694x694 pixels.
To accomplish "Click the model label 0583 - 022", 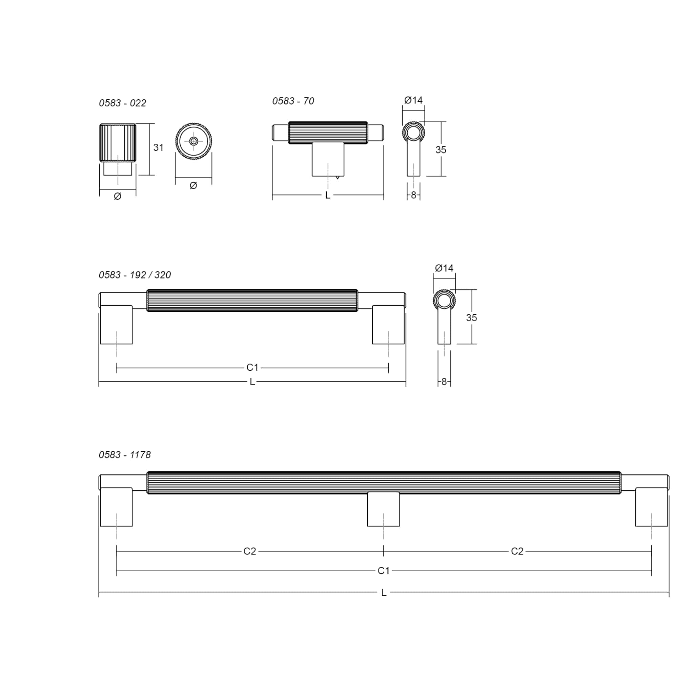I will [x=122, y=103].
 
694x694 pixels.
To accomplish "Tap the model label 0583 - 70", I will [x=293, y=101].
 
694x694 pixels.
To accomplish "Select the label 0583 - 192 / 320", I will [x=135, y=275].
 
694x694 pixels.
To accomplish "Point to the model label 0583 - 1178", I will [x=125, y=455].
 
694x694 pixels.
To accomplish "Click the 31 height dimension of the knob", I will [x=158, y=148].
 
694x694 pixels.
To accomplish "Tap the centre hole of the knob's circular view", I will [x=193, y=141].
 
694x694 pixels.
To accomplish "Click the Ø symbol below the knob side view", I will [x=118, y=196].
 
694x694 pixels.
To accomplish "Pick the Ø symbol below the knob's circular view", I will [x=193, y=185].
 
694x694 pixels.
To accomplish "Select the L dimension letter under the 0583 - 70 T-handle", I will [x=328, y=196].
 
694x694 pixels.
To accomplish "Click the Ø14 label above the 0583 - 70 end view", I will [x=413, y=100].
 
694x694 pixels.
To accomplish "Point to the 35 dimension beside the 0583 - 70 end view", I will [x=441, y=150].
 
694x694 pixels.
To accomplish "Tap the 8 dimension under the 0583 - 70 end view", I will [x=413, y=195].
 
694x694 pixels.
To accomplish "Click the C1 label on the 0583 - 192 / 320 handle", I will [x=252, y=367].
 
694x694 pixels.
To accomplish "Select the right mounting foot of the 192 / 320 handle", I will [x=388, y=325].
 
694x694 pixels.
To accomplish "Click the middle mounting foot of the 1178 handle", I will [x=383, y=509].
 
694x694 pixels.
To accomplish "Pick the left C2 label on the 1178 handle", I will [x=250, y=551].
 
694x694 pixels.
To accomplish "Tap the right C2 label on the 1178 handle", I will [x=517, y=551].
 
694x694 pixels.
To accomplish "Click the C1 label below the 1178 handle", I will [x=383, y=570].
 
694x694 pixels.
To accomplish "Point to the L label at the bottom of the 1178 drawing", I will [x=384, y=593].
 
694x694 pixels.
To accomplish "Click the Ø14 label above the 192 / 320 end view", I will [x=444, y=268].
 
